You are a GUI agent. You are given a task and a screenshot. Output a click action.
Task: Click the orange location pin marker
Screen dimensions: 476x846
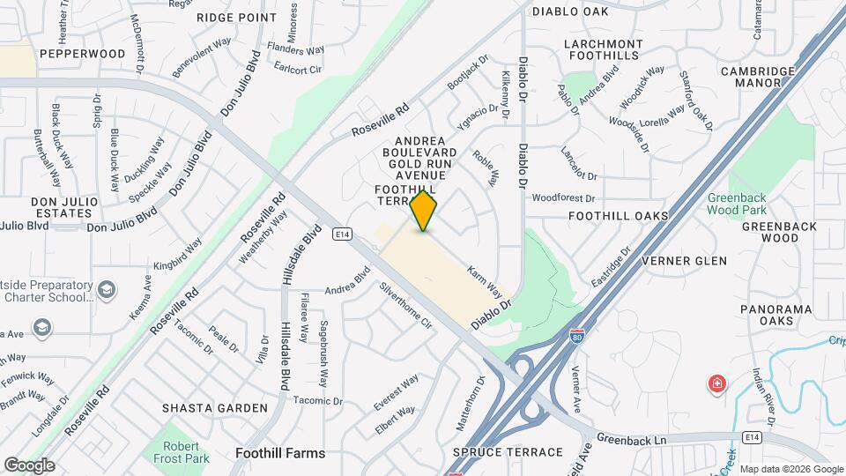424,212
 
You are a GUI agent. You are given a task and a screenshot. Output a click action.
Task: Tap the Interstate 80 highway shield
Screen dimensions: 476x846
576,336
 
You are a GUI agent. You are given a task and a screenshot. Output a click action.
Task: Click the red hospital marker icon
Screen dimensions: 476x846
717,384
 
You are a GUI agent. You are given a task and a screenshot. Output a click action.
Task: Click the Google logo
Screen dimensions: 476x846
30,465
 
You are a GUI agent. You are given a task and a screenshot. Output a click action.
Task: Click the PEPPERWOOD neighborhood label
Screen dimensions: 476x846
82,54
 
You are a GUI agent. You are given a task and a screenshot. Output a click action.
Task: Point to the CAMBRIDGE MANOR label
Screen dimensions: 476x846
763,78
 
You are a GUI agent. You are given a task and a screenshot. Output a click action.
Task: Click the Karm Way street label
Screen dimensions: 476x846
484,280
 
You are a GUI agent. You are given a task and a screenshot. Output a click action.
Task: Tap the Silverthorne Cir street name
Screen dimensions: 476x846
406,305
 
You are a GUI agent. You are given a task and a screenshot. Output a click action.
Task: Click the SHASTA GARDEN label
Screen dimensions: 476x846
214,408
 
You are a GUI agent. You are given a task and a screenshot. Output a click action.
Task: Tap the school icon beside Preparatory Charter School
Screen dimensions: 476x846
106,289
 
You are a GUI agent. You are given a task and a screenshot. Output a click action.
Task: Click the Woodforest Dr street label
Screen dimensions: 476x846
564,198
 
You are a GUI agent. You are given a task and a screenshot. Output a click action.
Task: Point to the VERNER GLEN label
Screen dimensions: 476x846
684,261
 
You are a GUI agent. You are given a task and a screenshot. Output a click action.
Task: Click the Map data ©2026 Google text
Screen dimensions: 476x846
790,469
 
